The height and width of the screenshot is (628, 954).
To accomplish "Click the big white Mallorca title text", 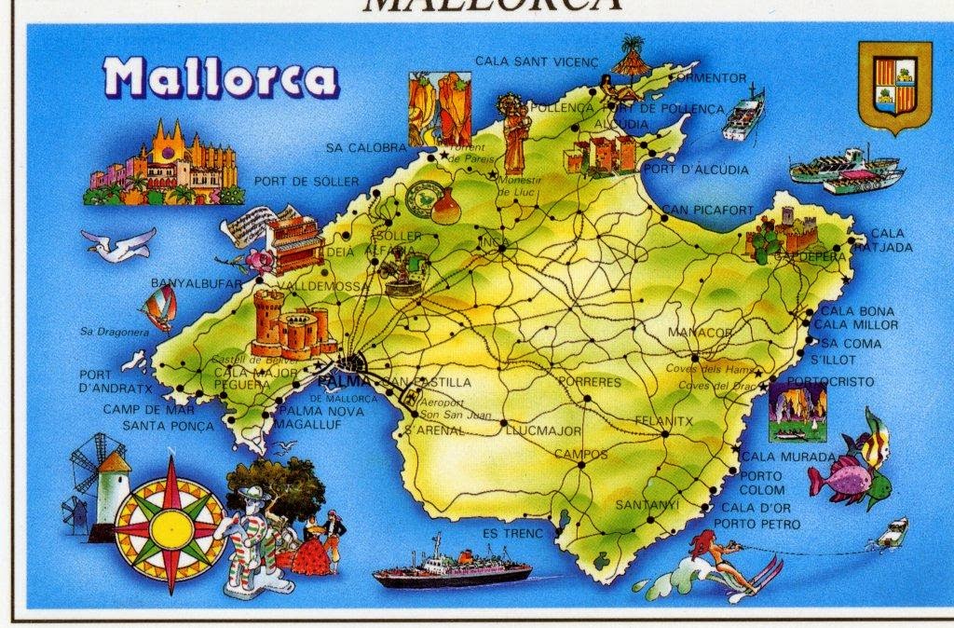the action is (x=221, y=78).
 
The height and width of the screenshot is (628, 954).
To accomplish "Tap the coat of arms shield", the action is (x=893, y=89).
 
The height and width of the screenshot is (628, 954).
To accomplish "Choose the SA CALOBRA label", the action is (x=366, y=147).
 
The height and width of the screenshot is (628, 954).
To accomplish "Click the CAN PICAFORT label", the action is (x=709, y=211).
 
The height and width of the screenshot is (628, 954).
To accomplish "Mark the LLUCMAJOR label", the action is (x=543, y=431).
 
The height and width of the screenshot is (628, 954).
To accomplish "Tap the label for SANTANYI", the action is (x=647, y=504).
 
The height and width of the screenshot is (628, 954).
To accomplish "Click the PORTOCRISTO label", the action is (x=831, y=382).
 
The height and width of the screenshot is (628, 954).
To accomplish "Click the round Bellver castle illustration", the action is (x=287, y=323).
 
